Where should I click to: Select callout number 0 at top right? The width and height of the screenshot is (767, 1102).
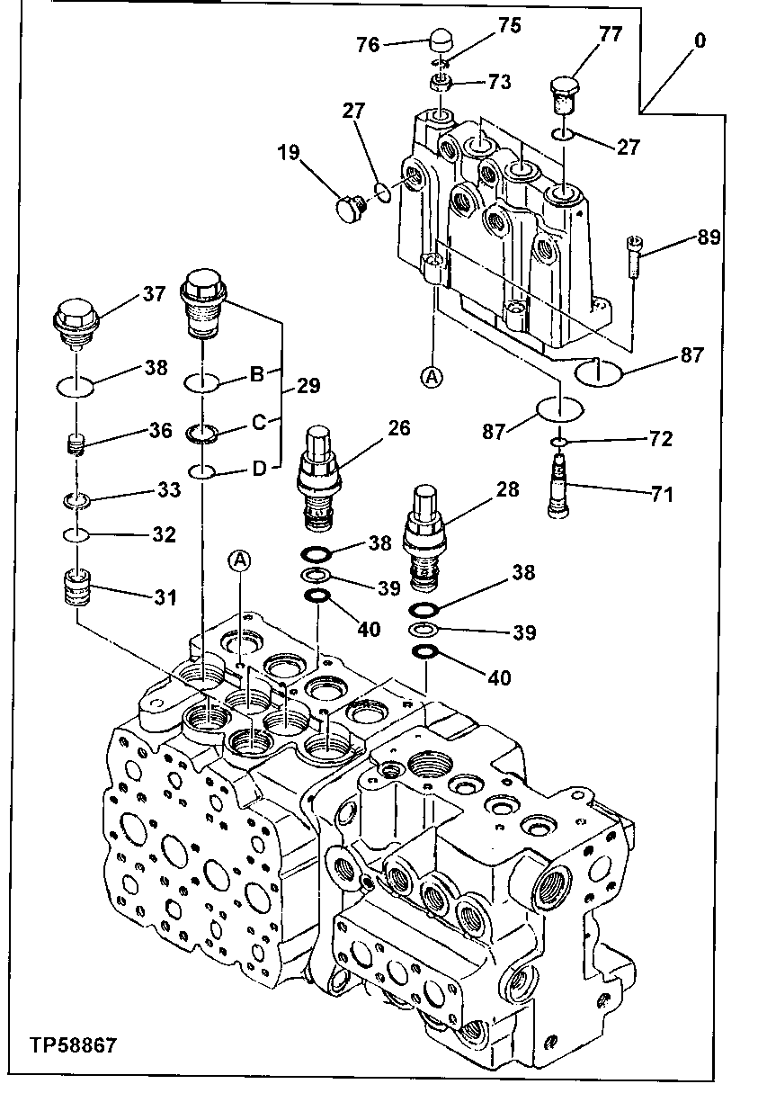(700, 40)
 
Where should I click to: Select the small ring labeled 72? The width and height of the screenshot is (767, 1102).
(558, 442)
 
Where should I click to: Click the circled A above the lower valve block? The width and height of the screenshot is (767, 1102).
(239, 561)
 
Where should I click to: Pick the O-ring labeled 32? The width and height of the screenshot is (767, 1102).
(78, 535)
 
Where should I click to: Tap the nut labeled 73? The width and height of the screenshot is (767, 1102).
(441, 84)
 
